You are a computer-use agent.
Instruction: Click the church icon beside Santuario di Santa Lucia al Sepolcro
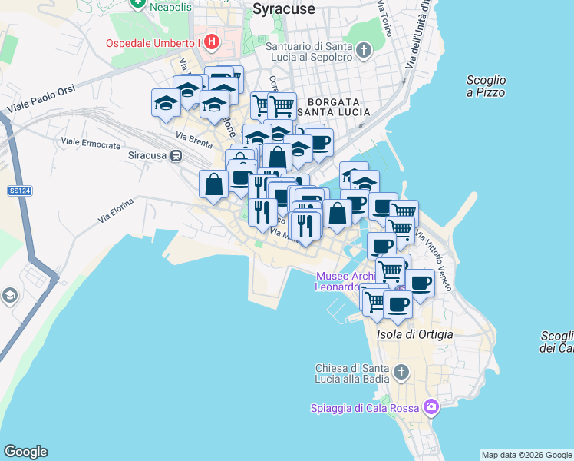(x=364, y=51)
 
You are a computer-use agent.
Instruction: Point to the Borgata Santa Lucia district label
(x=338, y=107)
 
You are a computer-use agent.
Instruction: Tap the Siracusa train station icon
(x=176, y=155)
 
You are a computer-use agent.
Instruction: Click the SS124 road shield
(x=15, y=190)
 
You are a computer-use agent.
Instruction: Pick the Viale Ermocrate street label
(x=91, y=144)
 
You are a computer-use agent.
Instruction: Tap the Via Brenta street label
(x=193, y=140)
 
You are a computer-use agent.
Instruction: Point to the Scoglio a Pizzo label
(x=486, y=85)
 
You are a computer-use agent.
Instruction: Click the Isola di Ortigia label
(x=415, y=334)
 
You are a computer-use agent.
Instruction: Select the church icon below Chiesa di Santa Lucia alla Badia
(x=401, y=373)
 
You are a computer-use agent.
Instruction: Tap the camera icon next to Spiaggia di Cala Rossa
(x=431, y=406)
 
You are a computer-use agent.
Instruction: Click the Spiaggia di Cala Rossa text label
(x=366, y=408)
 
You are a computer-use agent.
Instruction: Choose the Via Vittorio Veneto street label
(x=434, y=257)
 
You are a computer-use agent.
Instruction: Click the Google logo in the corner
(x=25, y=452)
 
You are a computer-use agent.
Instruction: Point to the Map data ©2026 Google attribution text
(x=526, y=455)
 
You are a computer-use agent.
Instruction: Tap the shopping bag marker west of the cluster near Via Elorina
(x=213, y=184)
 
